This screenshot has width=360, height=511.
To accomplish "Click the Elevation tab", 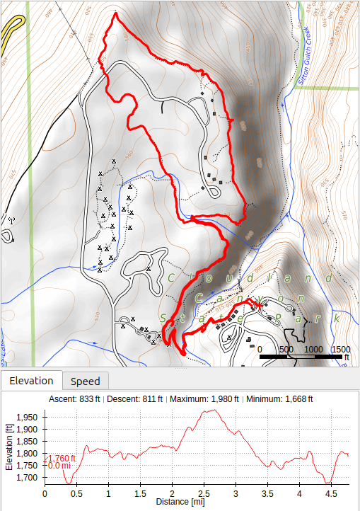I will [x=31, y=381].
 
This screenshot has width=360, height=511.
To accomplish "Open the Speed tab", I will [x=85, y=381].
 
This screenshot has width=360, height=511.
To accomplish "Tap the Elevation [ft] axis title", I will [x=9, y=447].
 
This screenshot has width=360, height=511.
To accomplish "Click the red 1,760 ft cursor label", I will [x=61, y=458].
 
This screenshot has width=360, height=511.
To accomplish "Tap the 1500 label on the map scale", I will [x=340, y=350].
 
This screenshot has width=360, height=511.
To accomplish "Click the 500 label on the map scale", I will [x=286, y=350].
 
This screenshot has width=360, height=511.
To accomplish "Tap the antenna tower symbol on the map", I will [x=11, y=219].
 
